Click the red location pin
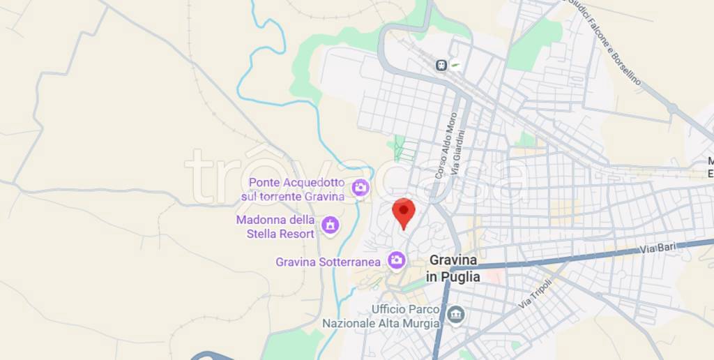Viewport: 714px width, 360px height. point(404,212)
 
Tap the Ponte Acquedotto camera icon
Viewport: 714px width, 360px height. point(360,187)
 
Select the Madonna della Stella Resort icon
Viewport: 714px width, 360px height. point(330,225)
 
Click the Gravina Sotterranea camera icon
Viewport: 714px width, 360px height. point(397,260)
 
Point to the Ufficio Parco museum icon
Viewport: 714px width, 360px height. point(455,315)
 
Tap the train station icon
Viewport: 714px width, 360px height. point(441,65)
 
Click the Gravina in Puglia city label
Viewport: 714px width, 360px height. point(453,268)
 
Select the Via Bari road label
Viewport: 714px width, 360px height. point(658,248)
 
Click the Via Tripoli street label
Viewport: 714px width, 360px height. point(535,294)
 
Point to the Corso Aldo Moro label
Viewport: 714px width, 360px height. point(446,146)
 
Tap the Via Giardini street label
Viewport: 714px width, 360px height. point(457,155)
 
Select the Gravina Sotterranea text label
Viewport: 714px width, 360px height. point(328,262)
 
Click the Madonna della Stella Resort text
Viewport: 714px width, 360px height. point(275,227)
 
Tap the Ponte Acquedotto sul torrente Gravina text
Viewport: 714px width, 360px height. point(293,190)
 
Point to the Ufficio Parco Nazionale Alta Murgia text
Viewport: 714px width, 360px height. point(381,316)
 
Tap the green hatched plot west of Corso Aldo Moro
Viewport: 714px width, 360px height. point(404,148)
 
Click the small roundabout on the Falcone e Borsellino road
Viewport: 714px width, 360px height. point(672,108)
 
